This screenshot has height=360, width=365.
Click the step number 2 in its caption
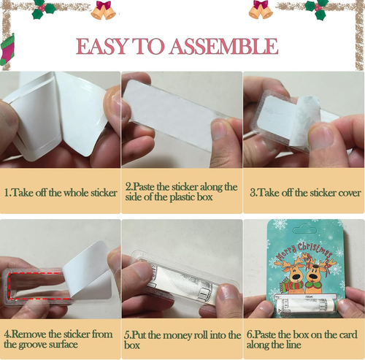[x=128, y=187]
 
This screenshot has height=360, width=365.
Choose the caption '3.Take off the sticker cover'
[x=305, y=193]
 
